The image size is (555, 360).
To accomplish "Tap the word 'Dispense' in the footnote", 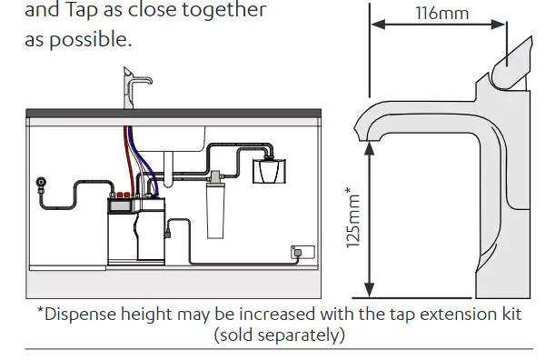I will click(x=84, y=315).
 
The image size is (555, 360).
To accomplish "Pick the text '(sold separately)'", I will click(x=279, y=335).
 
